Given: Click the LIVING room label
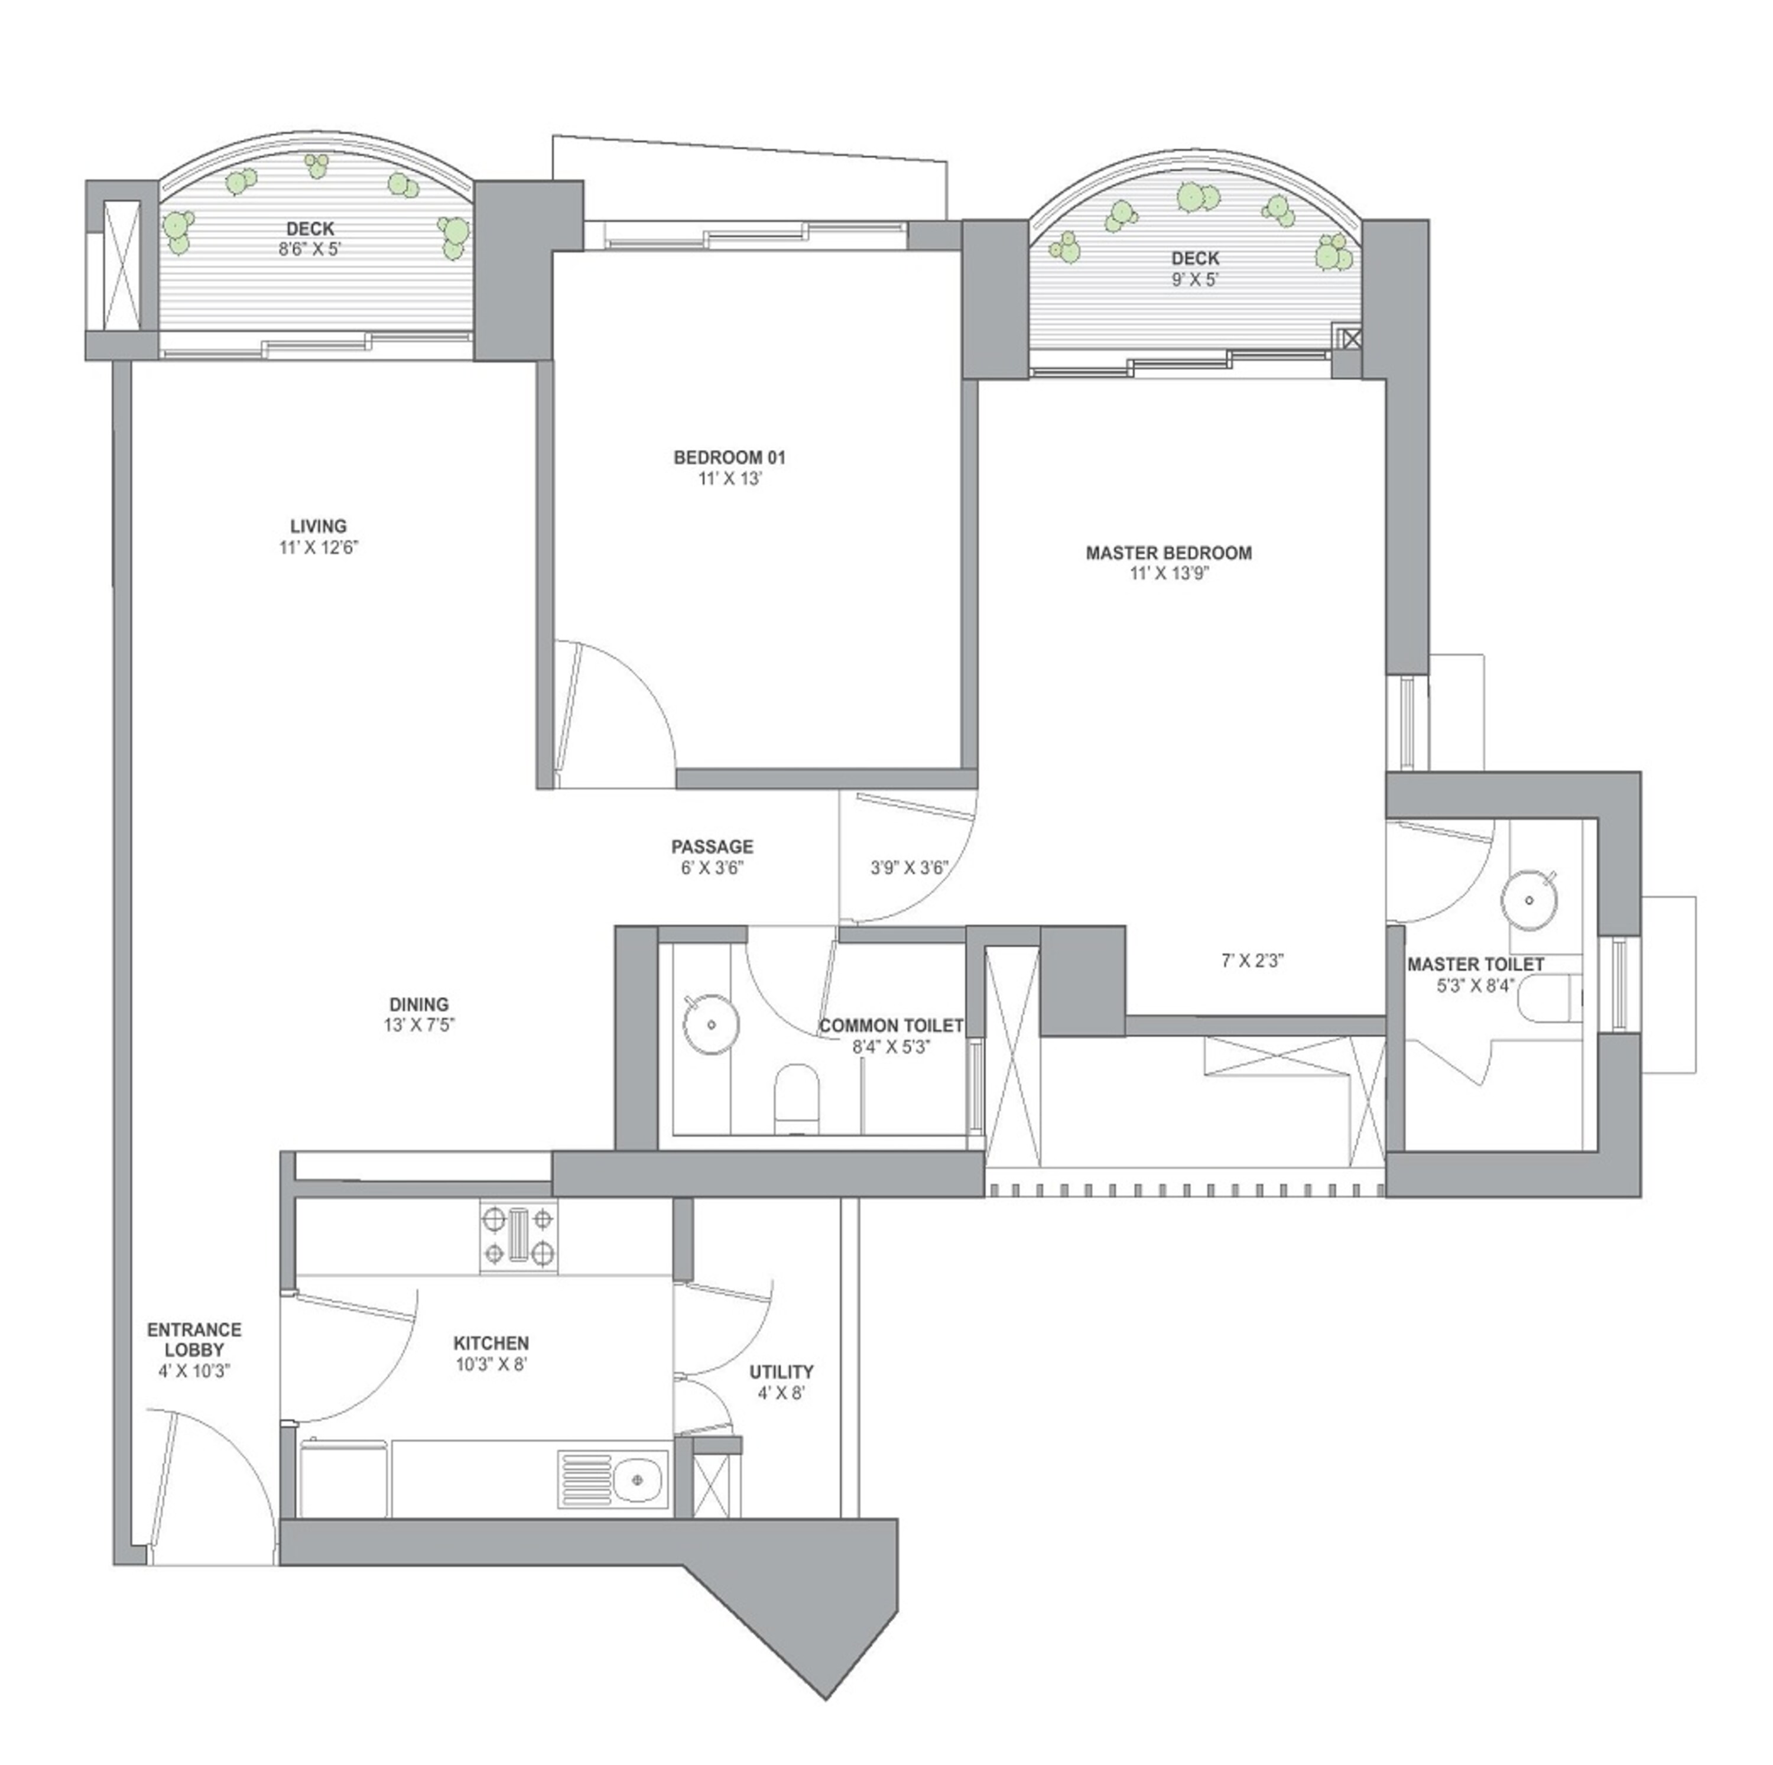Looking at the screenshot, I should click(x=319, y=527).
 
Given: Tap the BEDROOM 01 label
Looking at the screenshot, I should click(x=729, y=457).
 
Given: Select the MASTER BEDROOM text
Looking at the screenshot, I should click(x=1168, y=553).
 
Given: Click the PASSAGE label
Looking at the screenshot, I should click(x=712, y=846).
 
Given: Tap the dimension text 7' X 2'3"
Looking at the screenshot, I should click(x=1252, y=961).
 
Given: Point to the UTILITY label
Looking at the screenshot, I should click(x=781, y=1371).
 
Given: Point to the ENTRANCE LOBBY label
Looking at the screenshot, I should click(x=194, y=1339).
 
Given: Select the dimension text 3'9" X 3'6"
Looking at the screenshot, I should click(x=908, y=867).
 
